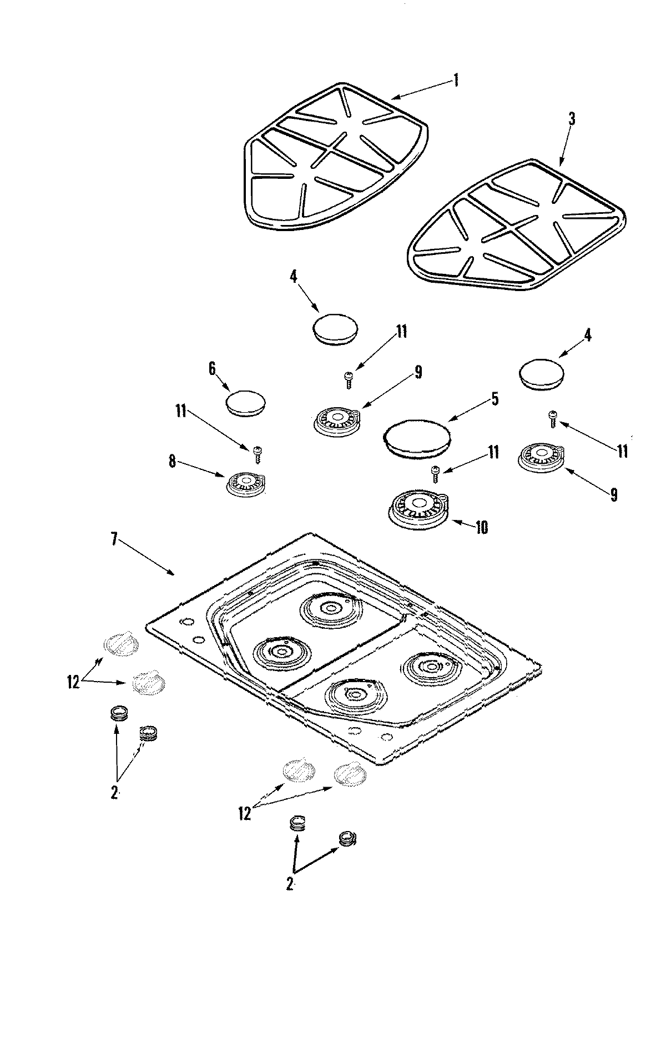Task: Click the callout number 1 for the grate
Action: (456, 80)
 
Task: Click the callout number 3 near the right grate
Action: (572, 118)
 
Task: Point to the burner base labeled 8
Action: (246, 483)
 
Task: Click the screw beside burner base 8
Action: (257, 454)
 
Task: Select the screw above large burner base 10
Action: (436, 474)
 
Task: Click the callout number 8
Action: (173, 462)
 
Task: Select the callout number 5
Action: (494, 398)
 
